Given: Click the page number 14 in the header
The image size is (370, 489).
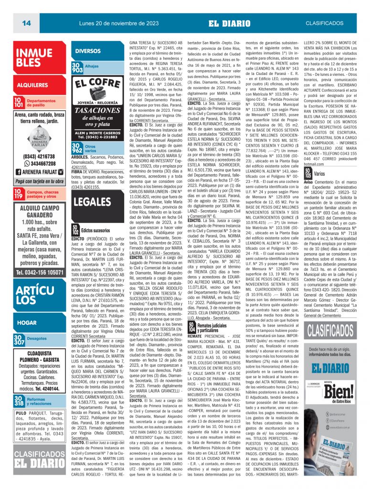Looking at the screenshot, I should pos(26,23).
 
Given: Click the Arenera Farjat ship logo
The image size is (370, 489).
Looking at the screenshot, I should pos(40,138).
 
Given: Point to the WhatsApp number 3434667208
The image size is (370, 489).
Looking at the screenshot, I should pos(42,164).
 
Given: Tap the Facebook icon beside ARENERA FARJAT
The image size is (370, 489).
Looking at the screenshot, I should pos(20,172).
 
